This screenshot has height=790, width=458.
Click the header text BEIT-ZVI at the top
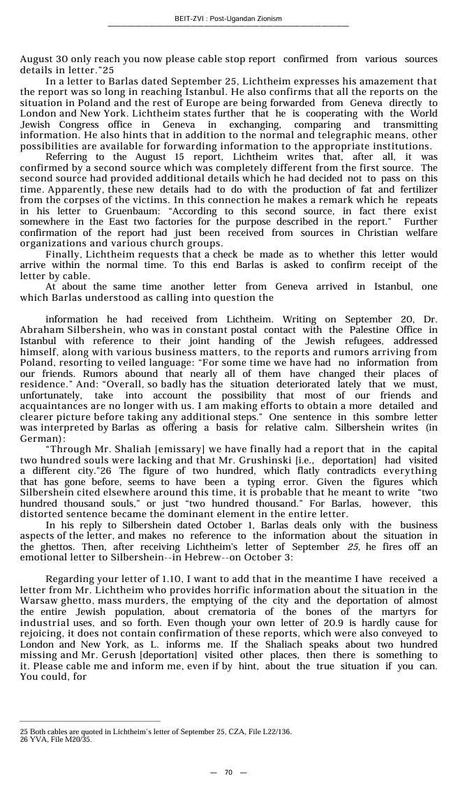190,19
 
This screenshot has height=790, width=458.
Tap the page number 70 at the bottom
228,773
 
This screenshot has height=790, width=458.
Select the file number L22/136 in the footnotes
272,731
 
